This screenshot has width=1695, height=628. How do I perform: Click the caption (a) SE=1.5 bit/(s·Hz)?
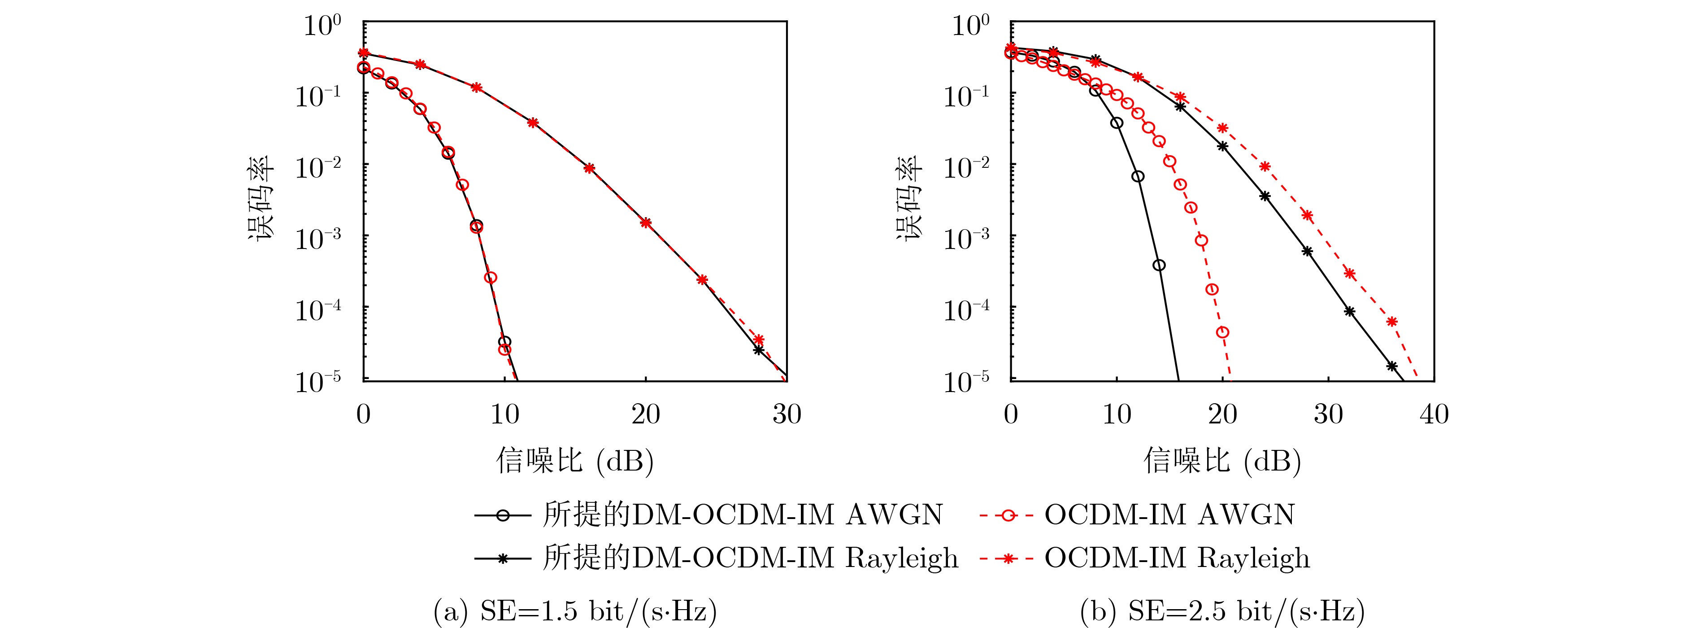coord(574,611)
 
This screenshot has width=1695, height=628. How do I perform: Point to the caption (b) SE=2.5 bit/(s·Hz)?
coord(1222,611)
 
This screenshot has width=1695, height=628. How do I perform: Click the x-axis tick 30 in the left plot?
coord(787,414)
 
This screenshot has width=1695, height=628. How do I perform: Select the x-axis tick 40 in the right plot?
coord(1434,414)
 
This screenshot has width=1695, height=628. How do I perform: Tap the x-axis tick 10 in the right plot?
coord(1117,414)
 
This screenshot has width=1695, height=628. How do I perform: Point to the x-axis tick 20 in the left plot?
coord(646,414)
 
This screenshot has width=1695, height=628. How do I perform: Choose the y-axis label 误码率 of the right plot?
coord(908,199)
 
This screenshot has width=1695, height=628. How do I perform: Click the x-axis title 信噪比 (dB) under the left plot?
coord(574,460)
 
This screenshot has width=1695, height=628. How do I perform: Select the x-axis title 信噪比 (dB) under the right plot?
coord(1222,460)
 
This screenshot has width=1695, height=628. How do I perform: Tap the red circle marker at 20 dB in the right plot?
coord(1222,332)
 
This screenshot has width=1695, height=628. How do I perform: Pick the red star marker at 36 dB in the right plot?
coord(1392,322)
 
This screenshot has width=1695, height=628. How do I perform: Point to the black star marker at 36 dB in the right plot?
coord(1392,366)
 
